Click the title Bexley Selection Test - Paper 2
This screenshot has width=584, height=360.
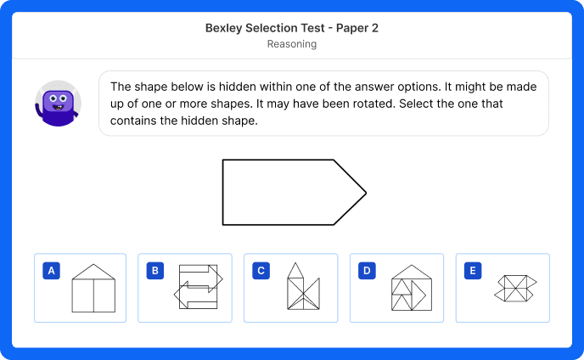[292, 28]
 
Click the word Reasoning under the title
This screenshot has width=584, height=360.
[292, 44]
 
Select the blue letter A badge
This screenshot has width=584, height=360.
[52, 271]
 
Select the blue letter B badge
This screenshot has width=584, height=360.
[155, 271]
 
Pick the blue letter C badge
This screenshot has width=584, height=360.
[261, 271]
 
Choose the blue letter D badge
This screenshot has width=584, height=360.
[367, 271]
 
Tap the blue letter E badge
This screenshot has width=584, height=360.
[473, 271]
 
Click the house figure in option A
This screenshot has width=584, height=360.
[93, 289]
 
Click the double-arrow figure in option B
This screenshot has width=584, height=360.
[199, 288]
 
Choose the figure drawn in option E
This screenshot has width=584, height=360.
[515, 288]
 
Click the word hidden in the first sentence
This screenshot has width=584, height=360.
[209, 86]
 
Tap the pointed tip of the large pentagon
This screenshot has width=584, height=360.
[365, 193]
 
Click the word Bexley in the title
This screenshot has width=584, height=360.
[225, 28]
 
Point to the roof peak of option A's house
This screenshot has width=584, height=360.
[93, 264]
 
